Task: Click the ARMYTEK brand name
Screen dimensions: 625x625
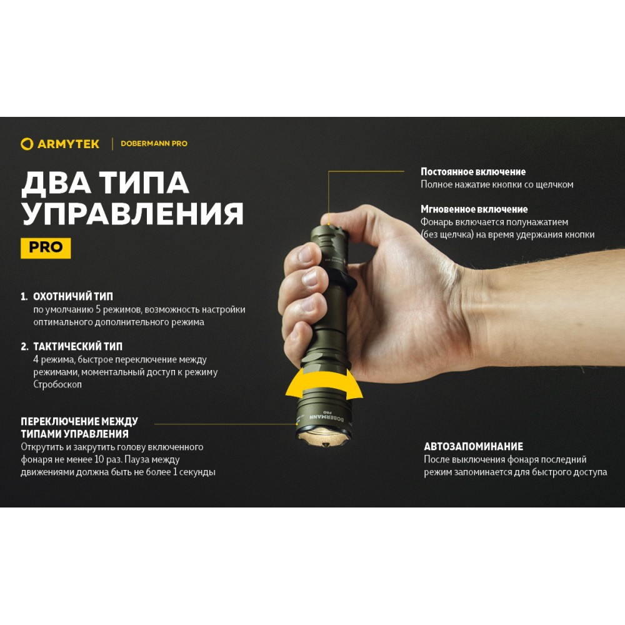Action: (68, 144)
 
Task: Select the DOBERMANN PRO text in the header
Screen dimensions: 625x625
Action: (154, 144)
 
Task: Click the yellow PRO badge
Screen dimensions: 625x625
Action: (46, 248)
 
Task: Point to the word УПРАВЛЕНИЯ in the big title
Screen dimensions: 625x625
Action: (132, 214)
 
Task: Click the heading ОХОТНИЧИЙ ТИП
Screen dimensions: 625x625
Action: (73, 296)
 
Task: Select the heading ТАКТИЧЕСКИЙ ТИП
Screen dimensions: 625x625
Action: (77, 346)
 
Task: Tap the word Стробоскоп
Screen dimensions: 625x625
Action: (57, 384)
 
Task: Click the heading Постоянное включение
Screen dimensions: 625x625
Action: (473, 172)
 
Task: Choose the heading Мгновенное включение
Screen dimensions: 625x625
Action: (474, 209)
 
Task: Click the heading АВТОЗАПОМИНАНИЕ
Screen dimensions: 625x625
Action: (473, 446)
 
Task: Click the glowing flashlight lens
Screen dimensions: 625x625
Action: (323, 436)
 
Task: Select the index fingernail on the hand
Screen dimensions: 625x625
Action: (306, 254)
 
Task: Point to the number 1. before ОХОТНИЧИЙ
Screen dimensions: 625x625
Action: (24, 296)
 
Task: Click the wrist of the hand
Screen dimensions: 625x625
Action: (478, 315)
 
